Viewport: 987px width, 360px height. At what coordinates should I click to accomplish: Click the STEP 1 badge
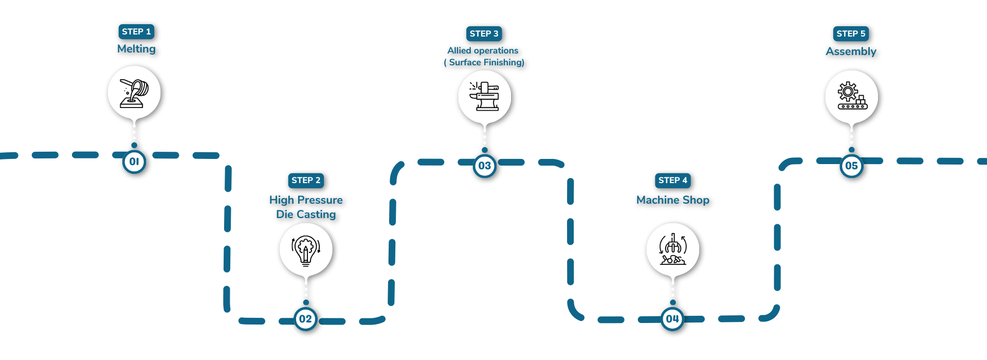point(136,32)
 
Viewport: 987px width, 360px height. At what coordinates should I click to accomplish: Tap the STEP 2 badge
point(306,181)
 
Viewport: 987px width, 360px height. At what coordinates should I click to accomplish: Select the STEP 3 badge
point(484,34)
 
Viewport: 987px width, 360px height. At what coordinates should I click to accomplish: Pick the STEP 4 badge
point(672,181)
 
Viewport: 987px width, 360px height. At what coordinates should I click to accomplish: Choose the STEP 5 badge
point(851,34)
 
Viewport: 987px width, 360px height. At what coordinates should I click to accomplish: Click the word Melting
point(136,49)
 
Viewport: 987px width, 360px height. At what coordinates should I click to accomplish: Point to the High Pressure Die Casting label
point(306,207)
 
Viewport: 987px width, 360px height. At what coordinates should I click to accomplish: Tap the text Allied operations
point(483,50)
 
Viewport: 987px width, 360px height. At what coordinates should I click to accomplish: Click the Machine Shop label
point(672,200)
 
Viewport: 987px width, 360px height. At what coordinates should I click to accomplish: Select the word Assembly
point(851,51)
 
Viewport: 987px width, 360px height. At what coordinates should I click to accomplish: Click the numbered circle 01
point(134,162)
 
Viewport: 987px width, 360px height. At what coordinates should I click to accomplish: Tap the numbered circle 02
point(305,319)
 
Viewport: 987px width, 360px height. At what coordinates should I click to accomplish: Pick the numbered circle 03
point(484,166)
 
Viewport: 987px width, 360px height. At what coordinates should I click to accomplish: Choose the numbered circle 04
point(672,319)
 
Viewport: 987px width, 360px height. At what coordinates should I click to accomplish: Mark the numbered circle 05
point(851,166)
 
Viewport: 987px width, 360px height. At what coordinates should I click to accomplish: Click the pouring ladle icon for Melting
point(134,93)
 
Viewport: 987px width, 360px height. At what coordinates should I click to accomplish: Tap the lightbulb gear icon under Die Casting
point(306,249)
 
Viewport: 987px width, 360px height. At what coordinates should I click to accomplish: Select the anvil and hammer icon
point(484,97)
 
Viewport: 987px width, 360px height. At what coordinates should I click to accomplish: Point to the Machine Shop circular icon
point(672,249)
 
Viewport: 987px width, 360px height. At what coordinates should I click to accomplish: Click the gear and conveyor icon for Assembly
point(851,97)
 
